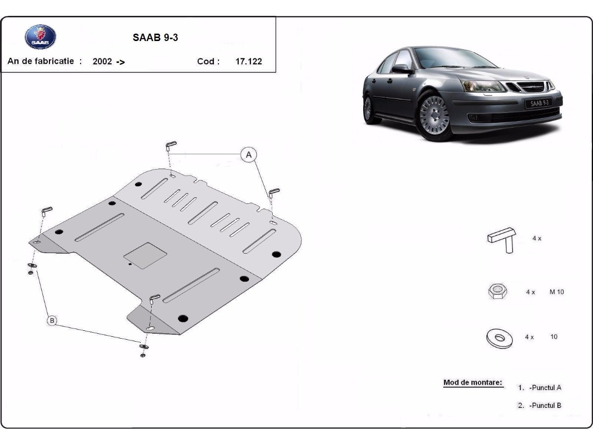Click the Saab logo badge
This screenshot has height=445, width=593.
(41, 37)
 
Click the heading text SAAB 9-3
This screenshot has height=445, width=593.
(155, 38)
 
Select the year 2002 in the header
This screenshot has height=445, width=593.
(102, 61)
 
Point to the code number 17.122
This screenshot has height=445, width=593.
(249, 61)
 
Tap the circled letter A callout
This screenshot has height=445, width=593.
(249, 155)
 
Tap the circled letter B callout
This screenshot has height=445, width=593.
(52, 321)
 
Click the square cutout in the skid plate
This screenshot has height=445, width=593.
(145, 256)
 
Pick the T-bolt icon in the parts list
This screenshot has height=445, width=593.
(502, 240)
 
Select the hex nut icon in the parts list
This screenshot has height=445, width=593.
(498, 291)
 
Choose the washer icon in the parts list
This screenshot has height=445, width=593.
(500, 338)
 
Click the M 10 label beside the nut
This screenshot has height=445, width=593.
(556, 292)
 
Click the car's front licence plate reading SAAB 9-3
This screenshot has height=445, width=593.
(539, 103)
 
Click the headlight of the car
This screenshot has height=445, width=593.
(483, 86)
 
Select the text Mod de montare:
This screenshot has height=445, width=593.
(473, 382)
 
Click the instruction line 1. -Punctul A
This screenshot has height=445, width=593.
(540, 388)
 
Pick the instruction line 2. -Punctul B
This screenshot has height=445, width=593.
(540, 405)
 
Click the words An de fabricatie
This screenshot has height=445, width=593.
(41, 61)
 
